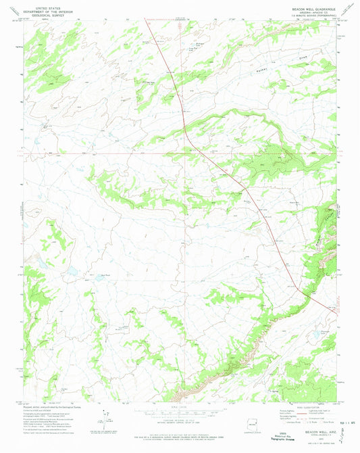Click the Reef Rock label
(105, 275)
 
